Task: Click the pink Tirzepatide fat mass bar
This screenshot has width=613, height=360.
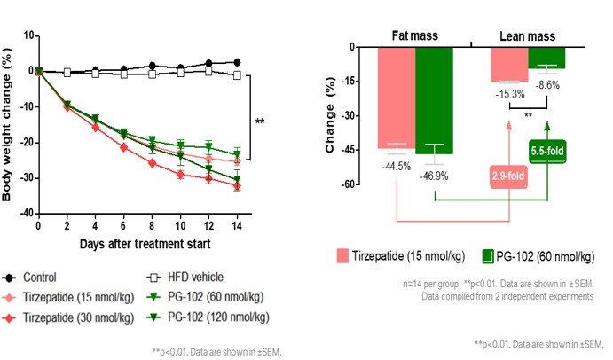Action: pyautogui.click(x=396, y=97)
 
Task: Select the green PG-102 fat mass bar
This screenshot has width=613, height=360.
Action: pyautogui.click(x=434, y=99)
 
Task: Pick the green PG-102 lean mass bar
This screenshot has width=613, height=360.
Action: pyautogui.click(x=546, y=58)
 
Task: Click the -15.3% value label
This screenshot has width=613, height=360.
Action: pyautogui.click(x=509, y=94)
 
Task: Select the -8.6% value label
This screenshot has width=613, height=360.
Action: pyautogui.click(x=546, y=84)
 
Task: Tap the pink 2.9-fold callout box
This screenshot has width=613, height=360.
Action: pyautogui.click(x=509, y=176)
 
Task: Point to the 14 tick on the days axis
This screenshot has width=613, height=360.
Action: pyautogui.click(x=237, y=225)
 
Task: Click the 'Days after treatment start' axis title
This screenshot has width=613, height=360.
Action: pyautogui.click(x=137, y=242)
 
